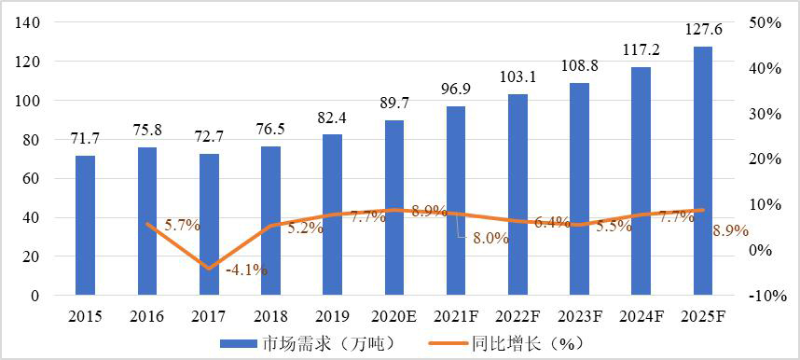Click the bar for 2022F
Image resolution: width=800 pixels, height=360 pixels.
tap(517, 195)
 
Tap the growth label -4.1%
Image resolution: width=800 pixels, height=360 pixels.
tap(246, 270)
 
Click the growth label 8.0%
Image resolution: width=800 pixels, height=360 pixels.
tap(490, 238)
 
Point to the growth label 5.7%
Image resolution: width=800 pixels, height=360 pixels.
tap(182, 225)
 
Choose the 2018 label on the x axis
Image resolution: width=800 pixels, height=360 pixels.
tap(270, 316)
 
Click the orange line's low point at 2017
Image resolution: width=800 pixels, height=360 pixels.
tap(209, 269)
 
